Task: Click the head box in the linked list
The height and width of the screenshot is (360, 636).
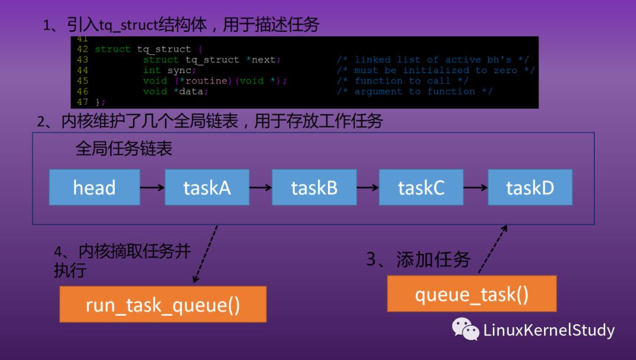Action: point(94,187)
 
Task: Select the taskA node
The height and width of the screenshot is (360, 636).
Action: point(207,187)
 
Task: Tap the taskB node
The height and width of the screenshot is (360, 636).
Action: point(314,187)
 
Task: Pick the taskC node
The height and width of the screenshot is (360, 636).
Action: point(421,187)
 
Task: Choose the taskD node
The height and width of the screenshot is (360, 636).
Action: point(530,187)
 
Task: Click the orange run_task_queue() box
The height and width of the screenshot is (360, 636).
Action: point(163,304)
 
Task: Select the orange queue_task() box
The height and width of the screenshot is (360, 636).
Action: point(472,293)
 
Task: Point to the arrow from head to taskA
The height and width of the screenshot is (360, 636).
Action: point(152,187)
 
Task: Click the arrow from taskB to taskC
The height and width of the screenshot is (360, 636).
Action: point(367,187)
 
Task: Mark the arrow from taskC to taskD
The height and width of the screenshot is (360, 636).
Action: point(475,187)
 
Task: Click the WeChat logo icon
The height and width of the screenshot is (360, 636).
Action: point(465,329)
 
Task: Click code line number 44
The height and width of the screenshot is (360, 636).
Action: point(82,70)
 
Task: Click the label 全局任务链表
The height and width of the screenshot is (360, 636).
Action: point(124,148)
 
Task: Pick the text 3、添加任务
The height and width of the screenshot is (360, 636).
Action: point(418,260)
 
